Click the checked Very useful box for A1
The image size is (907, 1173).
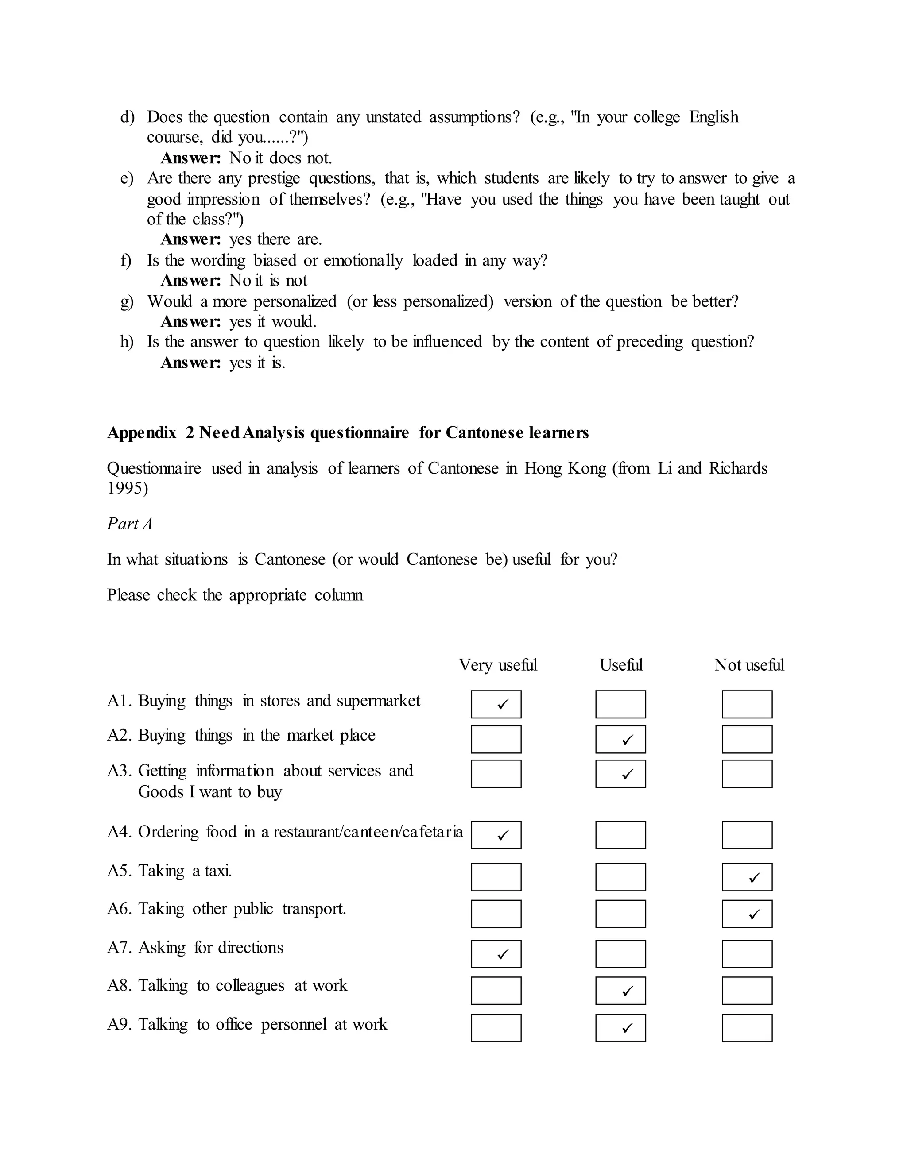(496, 704)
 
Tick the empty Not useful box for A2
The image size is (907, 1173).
(747, 740)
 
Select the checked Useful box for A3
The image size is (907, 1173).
(620, 774)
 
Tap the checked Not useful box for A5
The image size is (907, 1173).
(747, 877)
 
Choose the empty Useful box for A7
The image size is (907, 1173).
(620, 954)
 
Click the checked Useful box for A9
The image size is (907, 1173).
(620, 1028)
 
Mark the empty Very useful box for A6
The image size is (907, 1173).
(496, 914)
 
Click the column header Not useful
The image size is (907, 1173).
(749, 665)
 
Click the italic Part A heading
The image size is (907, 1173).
(129, 524)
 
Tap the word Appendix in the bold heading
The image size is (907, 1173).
(142, 432)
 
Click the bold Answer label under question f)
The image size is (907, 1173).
(191, 280)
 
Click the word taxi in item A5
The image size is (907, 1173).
(217, 871)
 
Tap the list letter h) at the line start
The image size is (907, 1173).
(127, 342)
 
